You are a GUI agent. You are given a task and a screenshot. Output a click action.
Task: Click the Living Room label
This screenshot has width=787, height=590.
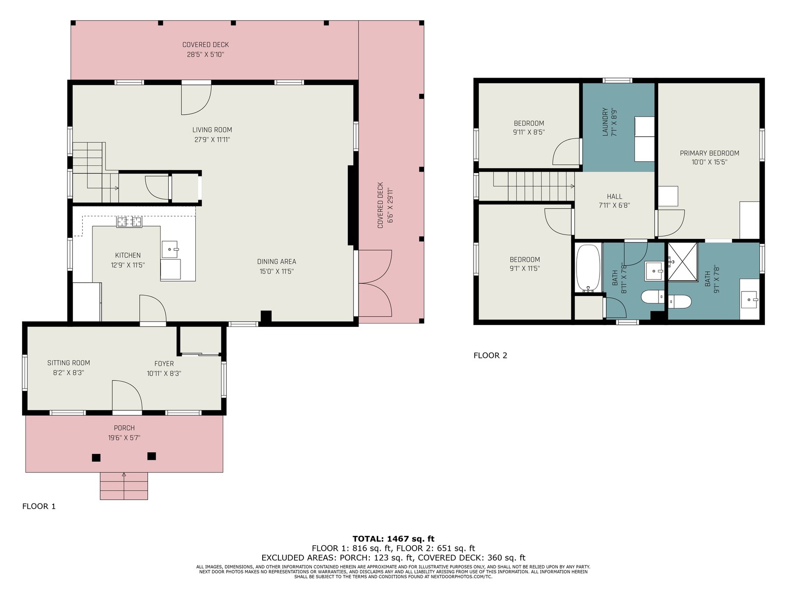click(212, 130)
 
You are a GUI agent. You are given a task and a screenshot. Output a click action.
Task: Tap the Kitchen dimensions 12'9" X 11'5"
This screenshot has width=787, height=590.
click(127, 265)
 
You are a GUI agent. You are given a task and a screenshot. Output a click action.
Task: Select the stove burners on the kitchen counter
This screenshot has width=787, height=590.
click(129, 222)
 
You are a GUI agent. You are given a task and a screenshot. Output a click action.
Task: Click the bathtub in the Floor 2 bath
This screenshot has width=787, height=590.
click(588, 268)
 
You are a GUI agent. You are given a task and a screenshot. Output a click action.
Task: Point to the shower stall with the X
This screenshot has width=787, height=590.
click(683, 262)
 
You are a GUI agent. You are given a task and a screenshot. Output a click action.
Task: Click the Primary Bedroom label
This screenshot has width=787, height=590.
click(709, 153)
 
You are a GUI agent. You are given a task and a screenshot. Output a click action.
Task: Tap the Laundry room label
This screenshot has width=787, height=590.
click(605, 122)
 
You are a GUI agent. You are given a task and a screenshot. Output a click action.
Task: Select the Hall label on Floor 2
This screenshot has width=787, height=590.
click(614, 196)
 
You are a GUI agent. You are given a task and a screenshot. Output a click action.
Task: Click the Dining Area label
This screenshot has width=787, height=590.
click(276, 262)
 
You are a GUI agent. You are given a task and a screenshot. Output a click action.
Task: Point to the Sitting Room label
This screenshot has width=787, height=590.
click(68, 362)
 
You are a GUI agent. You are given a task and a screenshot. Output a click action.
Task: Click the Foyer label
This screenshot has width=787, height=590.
click(164, 363)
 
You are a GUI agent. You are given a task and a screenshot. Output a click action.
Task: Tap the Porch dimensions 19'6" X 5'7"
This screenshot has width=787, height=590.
click(124, 438)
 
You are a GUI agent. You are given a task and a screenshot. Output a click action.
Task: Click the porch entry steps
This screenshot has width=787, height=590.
click(123, 486)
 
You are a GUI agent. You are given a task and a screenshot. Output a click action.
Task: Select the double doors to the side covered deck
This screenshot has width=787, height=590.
click(375, 283)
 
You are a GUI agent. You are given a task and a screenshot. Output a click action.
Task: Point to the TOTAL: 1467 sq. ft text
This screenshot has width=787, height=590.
click(393, 539)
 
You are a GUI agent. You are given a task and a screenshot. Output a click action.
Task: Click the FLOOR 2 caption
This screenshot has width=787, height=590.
click(490, 355)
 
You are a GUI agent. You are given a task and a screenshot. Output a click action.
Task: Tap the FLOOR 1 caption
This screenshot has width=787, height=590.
click(39, 506)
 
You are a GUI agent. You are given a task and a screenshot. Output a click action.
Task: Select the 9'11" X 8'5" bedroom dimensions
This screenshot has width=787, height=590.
click(528, 132)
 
